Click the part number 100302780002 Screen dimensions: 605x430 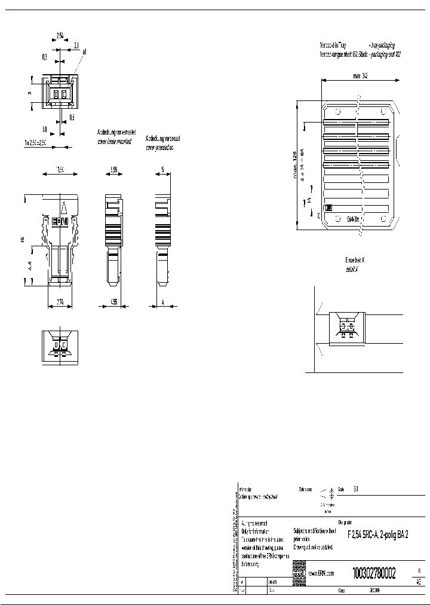[374, 572]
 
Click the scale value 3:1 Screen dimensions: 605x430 [357, 488]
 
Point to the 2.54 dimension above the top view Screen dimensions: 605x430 [60, 36]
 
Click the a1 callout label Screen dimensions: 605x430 [84, 52]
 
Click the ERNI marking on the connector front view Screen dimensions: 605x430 [60, 221]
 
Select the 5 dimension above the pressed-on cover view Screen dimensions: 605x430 [162, 170]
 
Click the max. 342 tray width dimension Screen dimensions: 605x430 [360, 77]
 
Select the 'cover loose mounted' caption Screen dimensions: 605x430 [114, 142]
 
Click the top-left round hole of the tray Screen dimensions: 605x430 [336, 111]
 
